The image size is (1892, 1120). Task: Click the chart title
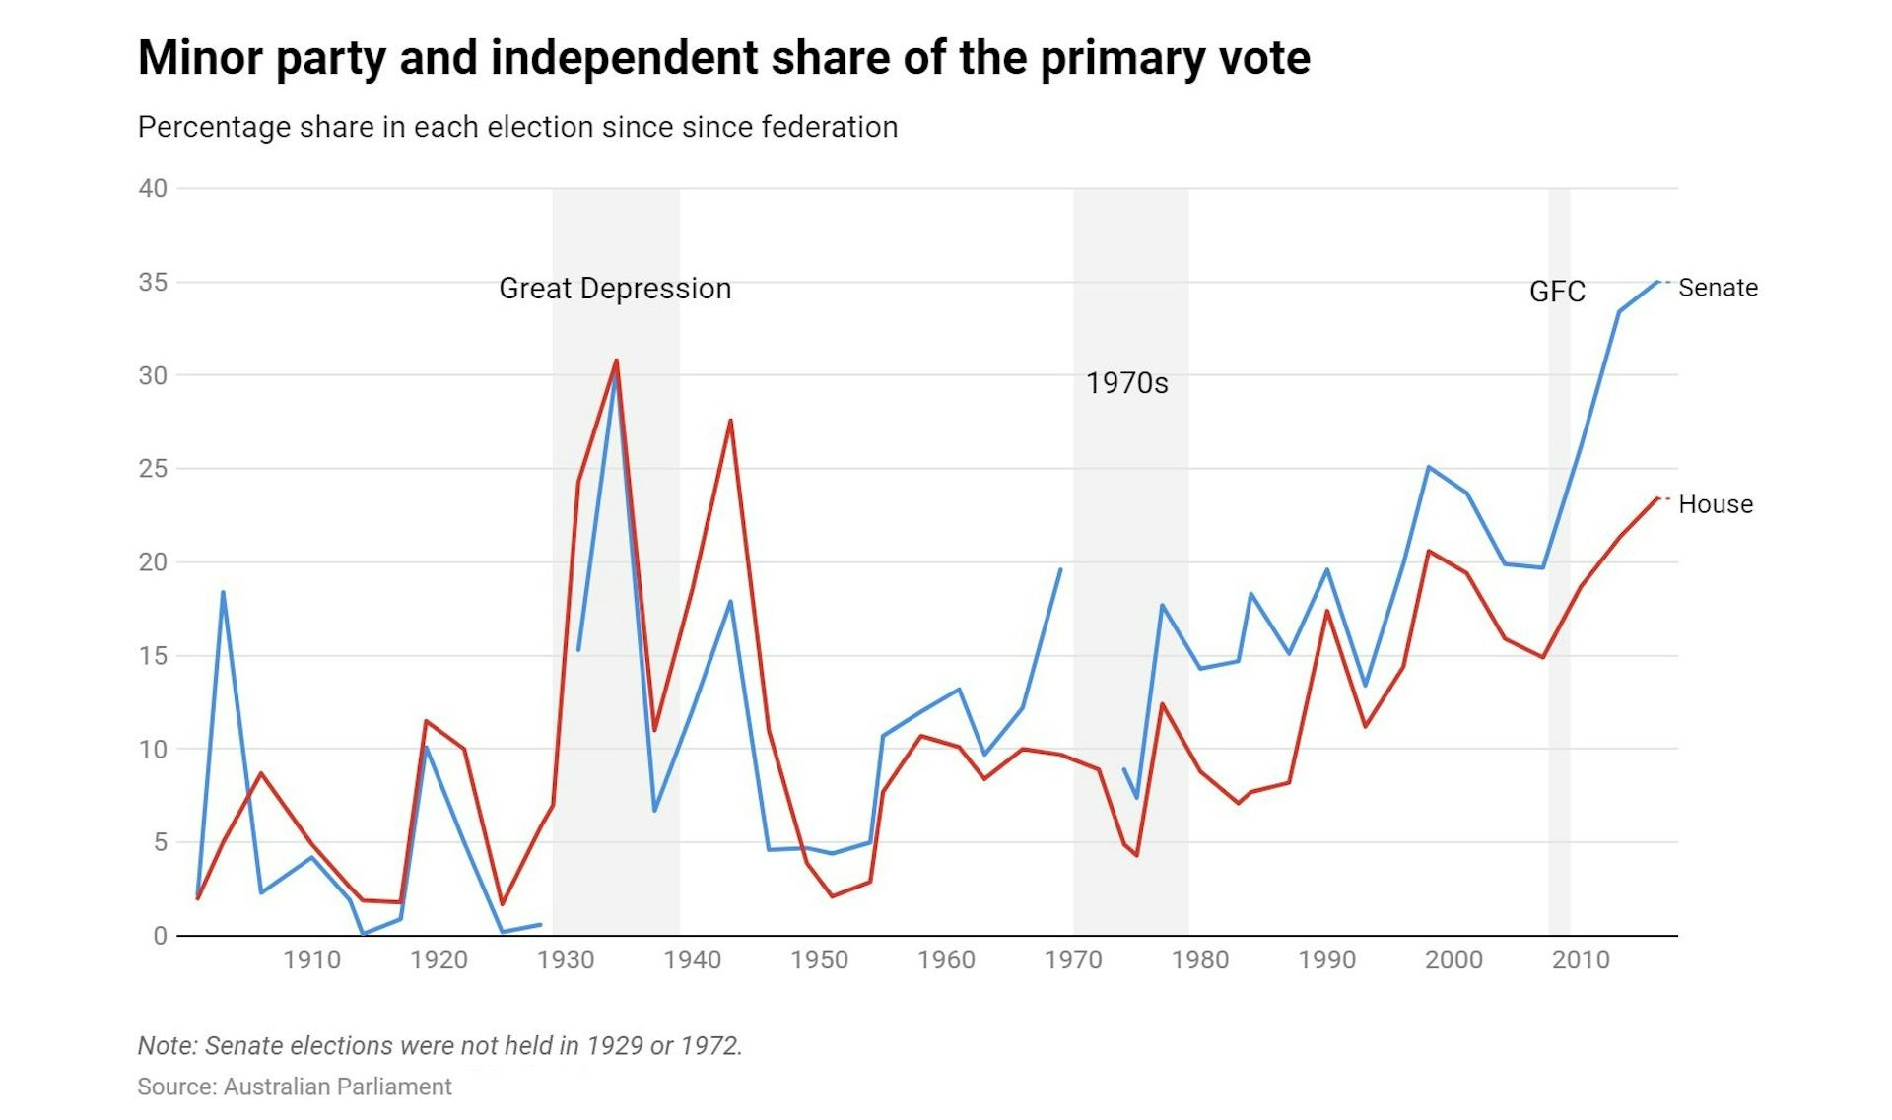tap(723, 58)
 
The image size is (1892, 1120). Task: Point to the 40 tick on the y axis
tap(153, 188)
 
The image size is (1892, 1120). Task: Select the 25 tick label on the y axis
tap(153, 469)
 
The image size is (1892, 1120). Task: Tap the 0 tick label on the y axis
tap(160, 936)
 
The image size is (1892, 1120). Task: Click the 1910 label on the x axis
tap(311, 960)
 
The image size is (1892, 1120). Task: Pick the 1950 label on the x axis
tap(819, 960)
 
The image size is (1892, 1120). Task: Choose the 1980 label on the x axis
tap(1199, 960)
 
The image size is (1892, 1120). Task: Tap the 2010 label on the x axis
tap(1580, 960)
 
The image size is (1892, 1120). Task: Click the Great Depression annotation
tap(615, 289)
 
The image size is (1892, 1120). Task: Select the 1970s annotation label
tap(1126, 383)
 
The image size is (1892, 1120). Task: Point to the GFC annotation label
tap(1557, 292)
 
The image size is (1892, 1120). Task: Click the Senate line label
tap(1718, 288)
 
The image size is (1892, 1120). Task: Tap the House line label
tap(1716, 504)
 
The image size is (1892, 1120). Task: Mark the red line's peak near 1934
tap(617, 361)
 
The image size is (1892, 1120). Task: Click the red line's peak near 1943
tap(730, 421)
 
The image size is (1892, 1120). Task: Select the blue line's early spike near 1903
tap(224, 592)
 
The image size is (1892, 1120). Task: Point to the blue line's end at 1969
tap(1060, 569)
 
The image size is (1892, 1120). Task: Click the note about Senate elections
tap(439, 1045)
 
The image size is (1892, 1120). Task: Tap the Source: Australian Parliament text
tap(294, 1087)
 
